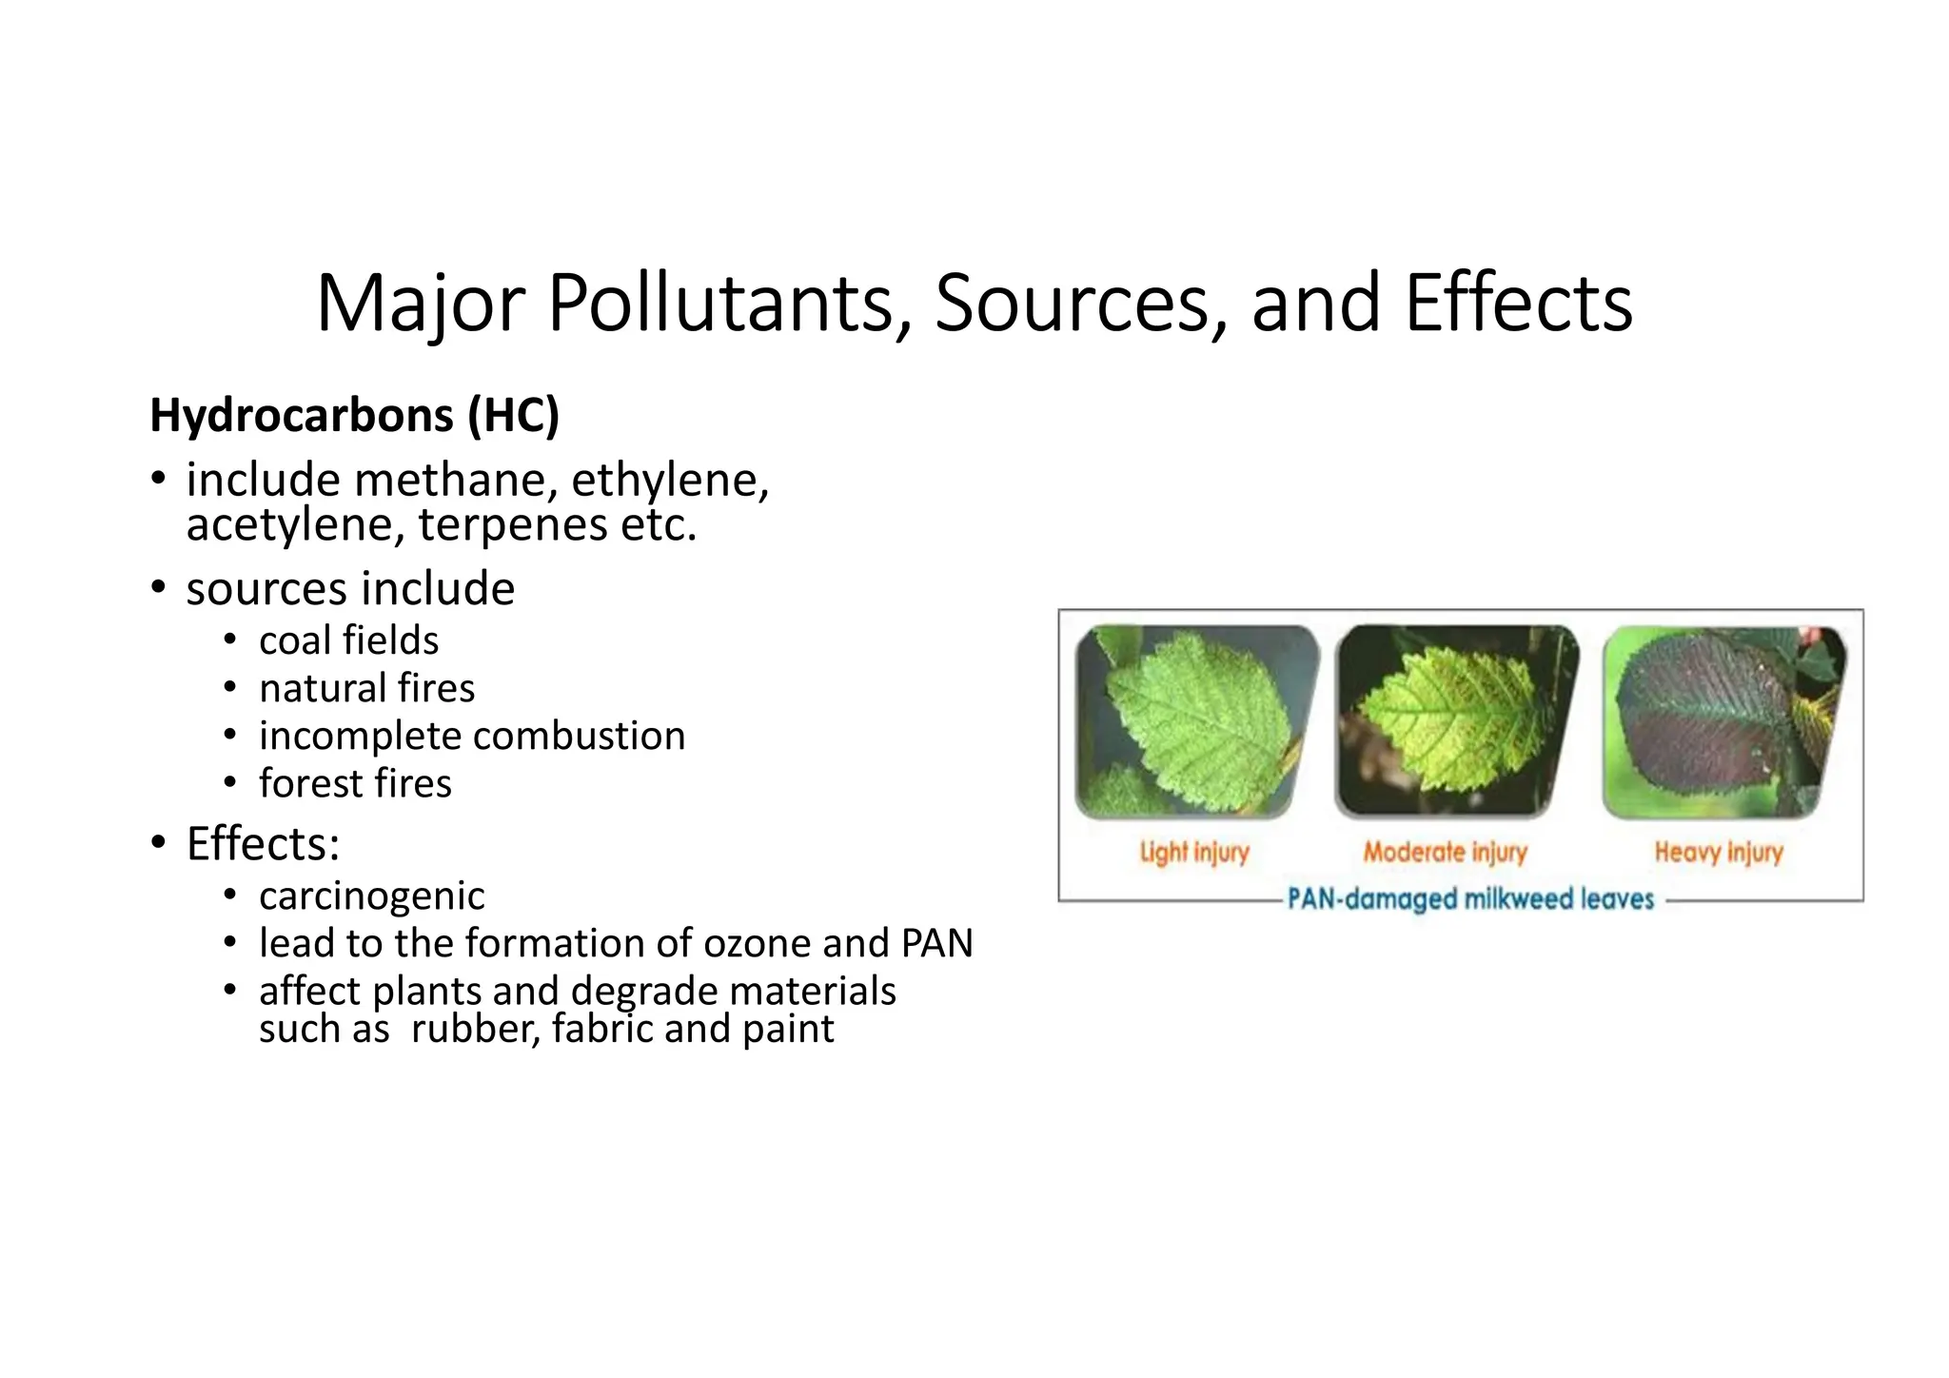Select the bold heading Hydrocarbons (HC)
click(x=355, y=416)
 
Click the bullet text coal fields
click(x=348, y=640)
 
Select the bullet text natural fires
click(x=366, y=688)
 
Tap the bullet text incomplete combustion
click(x=472, y=736)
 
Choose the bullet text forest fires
click(x=355, y=783)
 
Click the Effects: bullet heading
click(x=263, y=843)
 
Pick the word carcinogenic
click(x=371, y=896)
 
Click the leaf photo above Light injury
click(x=1196, y=720)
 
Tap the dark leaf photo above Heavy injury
click(x=1723, y=720)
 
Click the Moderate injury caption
click(x=1445, y=852)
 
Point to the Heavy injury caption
click(x=1718, y=852)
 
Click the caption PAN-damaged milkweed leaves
click(x=1470, y=898)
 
